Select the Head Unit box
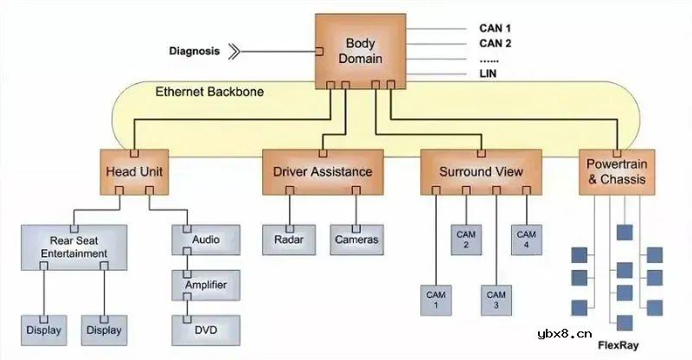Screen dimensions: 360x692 point(133,171)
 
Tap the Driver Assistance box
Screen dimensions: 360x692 point(323,171)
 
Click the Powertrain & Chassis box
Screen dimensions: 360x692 point(616,171)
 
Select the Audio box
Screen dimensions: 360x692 point(205,239)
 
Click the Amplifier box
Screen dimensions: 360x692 point(205,284)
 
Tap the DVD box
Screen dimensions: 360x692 point(205,329)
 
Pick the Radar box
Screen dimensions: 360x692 point(288,240)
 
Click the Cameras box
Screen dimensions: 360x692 point(356,240)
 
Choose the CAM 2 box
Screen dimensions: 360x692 point(466,240)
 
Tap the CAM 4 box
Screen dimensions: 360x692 point(526,240)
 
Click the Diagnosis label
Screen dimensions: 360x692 point(194,51)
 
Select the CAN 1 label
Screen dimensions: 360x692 point(496,28)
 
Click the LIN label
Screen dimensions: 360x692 point(488,74)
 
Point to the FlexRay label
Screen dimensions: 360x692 point(618,344)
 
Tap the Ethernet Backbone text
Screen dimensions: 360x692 point(209,92)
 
